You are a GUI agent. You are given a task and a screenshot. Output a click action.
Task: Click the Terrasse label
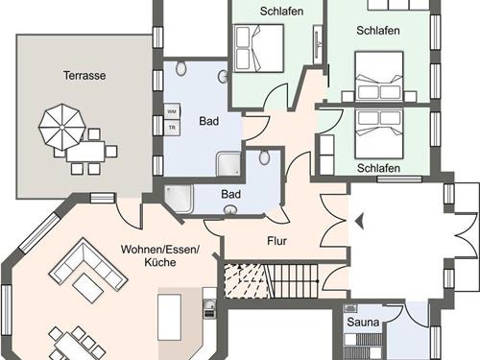pyautogui.click(x=84, y=76)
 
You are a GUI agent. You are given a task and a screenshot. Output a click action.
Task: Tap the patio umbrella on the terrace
pyautogui.click(x=61, y=128)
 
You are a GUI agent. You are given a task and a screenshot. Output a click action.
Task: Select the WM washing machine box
pyautogui.click(x=172, y=111)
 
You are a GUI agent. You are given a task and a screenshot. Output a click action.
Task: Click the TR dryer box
pyautogui.click(x=172, y=128)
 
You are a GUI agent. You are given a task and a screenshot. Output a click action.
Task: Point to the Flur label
pyautogui.click(x=276, y=241)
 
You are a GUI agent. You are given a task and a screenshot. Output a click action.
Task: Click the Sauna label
pyautogui.click(x=363, y=322)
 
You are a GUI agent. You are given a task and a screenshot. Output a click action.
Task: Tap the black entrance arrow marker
pyautogui.click(x=360, y=221)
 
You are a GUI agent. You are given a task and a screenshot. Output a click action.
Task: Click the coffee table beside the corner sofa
pyautogui.click(x=88, y=288)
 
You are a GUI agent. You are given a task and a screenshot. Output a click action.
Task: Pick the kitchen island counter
pyautogui.click(x=169, y=318)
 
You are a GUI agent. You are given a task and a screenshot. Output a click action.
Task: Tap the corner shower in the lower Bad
pyautogui.click(x=179, y=199)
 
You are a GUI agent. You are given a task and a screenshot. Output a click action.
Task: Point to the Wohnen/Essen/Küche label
pyautogui.click(x=160, y=255)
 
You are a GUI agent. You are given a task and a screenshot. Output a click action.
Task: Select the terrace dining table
pyautogui.click(x=85, y=152)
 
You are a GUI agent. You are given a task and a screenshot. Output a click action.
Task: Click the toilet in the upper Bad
pyautogui.click(x=181, y=67)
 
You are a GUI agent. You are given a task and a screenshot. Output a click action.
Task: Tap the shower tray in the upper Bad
pyautogui.click(x=228, y=164)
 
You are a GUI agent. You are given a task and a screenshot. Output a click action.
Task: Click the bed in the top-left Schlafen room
pyautogui.click(x=259, y=48)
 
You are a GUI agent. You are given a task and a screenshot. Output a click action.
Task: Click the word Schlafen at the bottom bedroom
pyautogui.click(x=378, y=168)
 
